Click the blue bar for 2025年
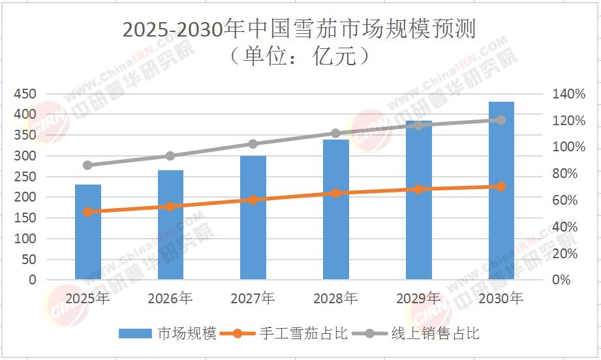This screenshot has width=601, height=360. (x=88, y=232)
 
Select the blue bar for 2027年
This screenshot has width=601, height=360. (x=253, y=217)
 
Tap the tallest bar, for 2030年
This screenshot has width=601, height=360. (x=501, y=190)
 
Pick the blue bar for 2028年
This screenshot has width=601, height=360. (x=336, y=209)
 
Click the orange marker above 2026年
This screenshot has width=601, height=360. (x=170, y=206)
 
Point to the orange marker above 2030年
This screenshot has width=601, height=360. (x=501, y=187)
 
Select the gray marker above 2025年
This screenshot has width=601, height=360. (x=88, y=165)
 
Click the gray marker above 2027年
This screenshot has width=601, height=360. (x=253, y=144)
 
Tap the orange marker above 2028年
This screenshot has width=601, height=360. (x=336, y=193)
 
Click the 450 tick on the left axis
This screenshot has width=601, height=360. (x=25, y=94)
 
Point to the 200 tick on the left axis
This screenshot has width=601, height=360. (x=25, y=197)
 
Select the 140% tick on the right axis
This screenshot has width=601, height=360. (x=570, y=94)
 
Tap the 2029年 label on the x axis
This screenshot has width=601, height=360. (x=418, y=299)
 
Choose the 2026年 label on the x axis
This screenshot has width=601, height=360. (x=170, y=299)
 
